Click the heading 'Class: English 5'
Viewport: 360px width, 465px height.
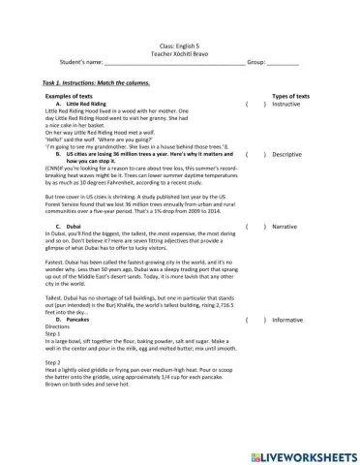point(179,46)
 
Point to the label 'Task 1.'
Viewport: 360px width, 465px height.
point(55,83)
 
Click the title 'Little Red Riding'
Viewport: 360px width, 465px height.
point(87,104)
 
